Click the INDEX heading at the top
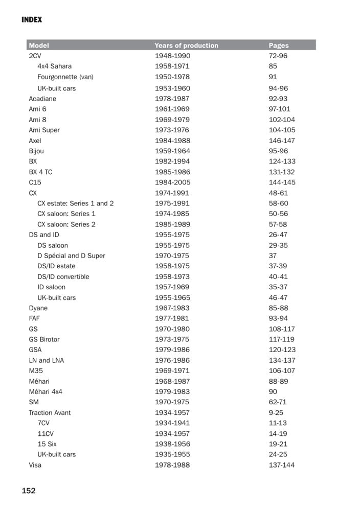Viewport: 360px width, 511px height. click(32, 20)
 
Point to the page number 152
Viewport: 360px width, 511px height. click(29, 491)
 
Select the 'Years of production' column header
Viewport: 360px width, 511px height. click(186, 45)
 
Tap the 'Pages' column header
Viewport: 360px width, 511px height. click(279, 45)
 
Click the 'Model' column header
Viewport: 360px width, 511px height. click(39, 45)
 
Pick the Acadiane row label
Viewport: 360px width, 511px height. click(42, 99)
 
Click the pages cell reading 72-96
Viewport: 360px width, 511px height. click(278, 56)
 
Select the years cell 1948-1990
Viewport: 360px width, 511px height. click(172, 56)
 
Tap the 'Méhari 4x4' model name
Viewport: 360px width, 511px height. click(46, 392)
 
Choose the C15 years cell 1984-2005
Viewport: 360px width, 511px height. click(172, 182)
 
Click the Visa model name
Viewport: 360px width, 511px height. click(35, 465)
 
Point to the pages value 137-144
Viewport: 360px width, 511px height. click(282, 465)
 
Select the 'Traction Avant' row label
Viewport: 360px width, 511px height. click(50, 413)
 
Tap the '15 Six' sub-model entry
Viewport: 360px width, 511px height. click(47, 444)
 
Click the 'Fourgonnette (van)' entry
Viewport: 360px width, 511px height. click(65, 77)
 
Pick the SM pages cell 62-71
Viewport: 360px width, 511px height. click(278, 402)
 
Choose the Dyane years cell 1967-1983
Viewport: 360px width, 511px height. click(172, 308)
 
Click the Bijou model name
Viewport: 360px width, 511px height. click(36, 151)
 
